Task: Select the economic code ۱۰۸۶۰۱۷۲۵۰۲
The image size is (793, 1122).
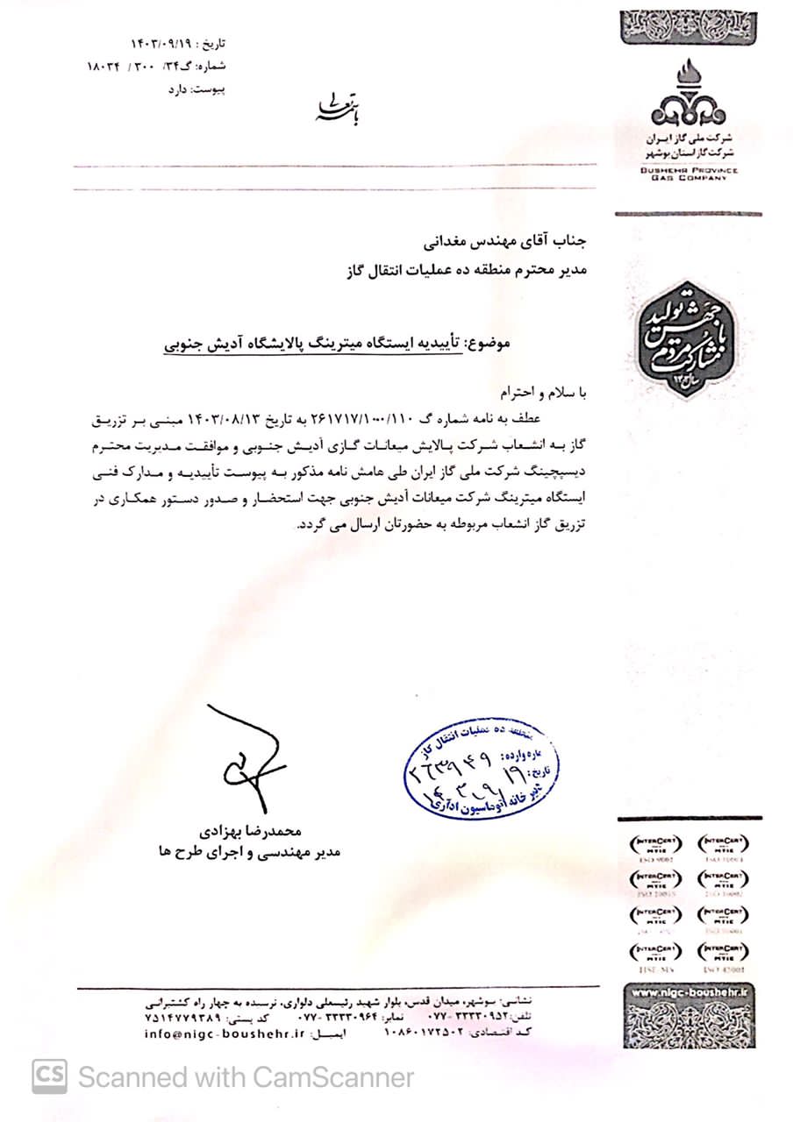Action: pyautogui.click(x=426, y=1033)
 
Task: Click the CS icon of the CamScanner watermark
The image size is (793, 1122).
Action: pyautogui.click(x=50, y=1075)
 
